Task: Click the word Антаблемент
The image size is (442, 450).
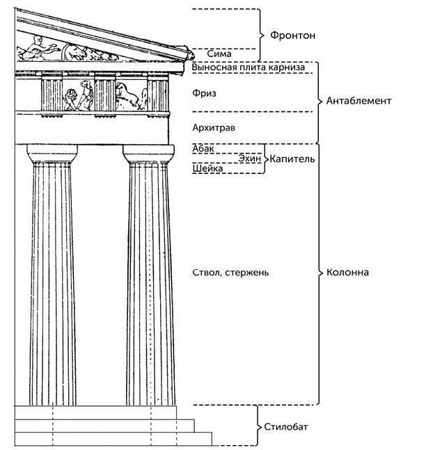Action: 359,101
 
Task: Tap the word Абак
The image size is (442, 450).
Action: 203,148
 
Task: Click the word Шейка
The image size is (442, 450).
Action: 207,169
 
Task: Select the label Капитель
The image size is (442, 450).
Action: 292,159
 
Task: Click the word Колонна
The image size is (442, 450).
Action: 347,272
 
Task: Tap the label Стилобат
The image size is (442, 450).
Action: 285,426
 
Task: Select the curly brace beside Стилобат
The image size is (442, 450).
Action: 256,426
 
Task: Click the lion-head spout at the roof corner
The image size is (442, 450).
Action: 187,51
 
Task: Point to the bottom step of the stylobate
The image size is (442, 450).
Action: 111,439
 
